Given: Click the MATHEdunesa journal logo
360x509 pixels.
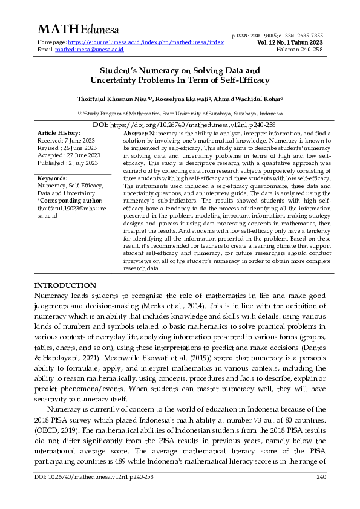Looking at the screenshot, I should click(79, 30).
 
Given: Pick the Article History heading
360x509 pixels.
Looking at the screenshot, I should click(58, 132).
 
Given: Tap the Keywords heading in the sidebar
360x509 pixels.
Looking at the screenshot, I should click(53, 178).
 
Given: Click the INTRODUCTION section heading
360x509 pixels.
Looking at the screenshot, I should click(65, 285).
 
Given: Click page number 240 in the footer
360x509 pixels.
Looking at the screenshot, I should click(321, 494).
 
